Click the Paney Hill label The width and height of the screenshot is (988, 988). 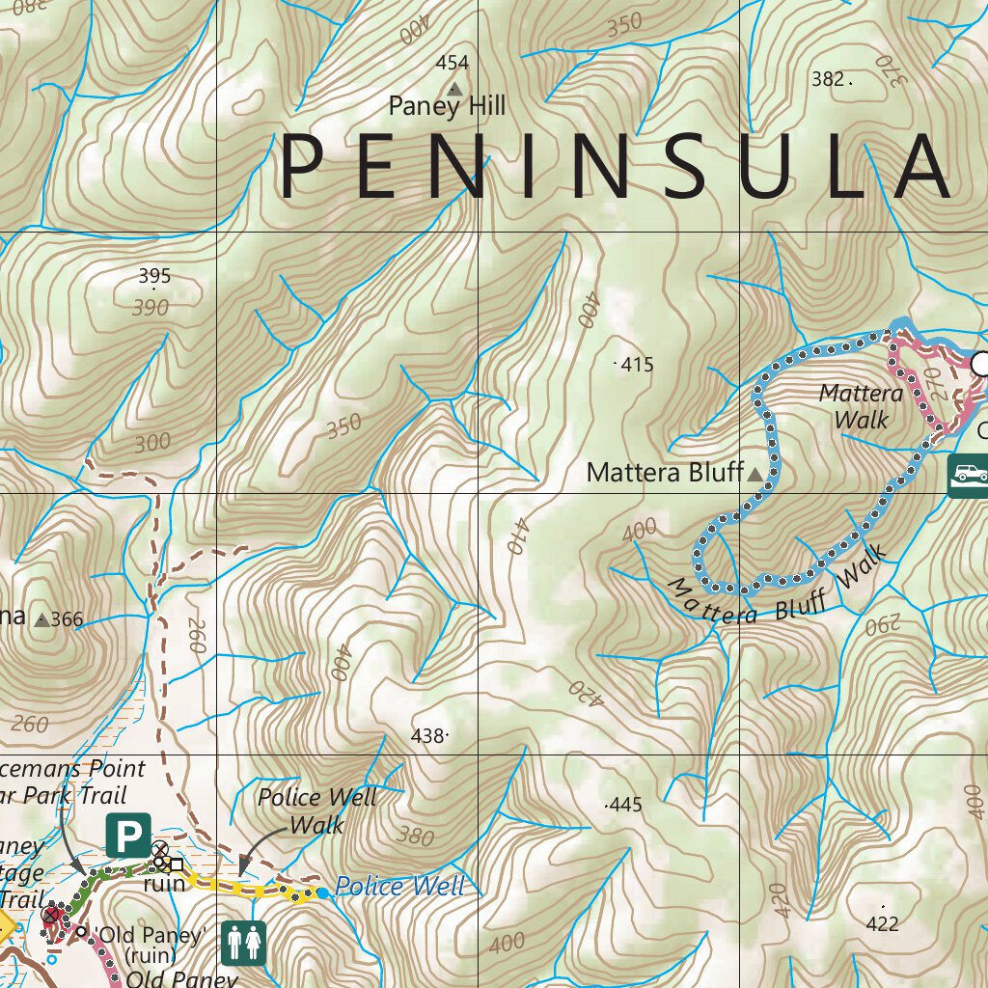[x=446, y=106]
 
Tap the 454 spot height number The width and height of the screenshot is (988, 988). [x=452, y=64]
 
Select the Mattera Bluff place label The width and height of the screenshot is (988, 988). [x=665, y=473]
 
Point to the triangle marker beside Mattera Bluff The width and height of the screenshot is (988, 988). [x=755, y=473]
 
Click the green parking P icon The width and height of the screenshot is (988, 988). [x=128, y=836]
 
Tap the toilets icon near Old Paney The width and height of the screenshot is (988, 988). [x=243, y=942]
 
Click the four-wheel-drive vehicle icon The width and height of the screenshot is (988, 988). [x=969, y=475]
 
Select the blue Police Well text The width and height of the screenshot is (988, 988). [x=399, y=887]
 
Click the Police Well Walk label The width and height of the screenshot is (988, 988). [x=317, y=810]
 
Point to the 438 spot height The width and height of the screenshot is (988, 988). [x=428, y=735]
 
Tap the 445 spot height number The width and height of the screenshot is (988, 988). [x=625, y=805]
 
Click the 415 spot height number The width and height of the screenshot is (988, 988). [x=637, y=365]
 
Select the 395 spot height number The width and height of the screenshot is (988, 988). [x=154, y=277]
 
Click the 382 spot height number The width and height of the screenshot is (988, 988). [x=828, y=79]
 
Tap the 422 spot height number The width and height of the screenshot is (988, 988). [x=883, y=923]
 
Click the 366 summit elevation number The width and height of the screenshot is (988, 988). [x=67, y=619]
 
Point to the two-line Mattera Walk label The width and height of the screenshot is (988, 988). [x=861, y=406]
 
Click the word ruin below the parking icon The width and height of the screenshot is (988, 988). [x=164, y=884]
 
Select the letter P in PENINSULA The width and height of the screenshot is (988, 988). [x=301, y=168]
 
